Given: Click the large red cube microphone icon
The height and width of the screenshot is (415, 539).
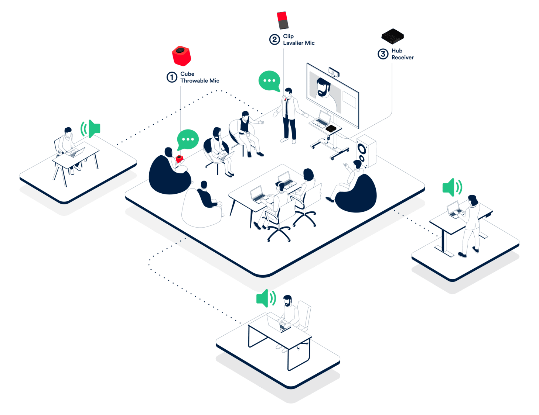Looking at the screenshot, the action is point(181,56).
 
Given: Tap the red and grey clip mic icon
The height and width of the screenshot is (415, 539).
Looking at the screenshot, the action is point(283,20).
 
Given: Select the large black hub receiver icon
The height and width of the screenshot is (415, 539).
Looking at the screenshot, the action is point(392,36).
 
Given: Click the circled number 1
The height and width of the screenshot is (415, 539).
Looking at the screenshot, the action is point(172,77).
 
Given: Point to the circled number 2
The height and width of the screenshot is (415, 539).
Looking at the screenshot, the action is point(274,39).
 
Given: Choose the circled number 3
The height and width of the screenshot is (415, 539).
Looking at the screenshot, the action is point(383,54).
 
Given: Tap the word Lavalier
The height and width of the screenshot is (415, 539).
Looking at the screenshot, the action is point(293,43).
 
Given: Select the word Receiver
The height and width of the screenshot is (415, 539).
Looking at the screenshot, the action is point(402,58).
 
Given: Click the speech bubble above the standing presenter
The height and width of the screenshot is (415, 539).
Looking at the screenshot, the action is point(269,81).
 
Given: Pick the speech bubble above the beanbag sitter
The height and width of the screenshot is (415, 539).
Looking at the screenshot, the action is point(188,139).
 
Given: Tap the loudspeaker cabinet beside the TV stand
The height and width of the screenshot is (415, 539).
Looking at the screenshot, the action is point(366,151).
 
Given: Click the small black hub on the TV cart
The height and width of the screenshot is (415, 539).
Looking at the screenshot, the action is point(331,128).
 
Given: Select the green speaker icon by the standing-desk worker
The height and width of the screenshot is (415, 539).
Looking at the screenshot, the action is point(452,187).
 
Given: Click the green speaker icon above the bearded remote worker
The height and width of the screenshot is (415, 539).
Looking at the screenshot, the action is point(266,298).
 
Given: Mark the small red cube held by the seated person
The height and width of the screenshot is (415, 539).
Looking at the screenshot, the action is point(179,159).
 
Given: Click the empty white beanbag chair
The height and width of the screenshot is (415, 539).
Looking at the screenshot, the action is point(201,209).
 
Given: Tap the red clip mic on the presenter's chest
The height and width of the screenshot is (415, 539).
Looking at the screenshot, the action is point(286,99).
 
